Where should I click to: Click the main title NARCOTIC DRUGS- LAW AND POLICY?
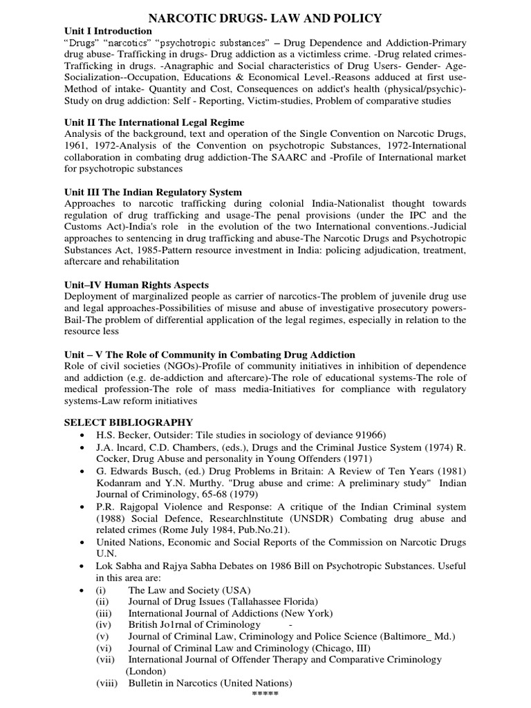pos(265,17)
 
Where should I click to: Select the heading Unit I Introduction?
pos(108,31)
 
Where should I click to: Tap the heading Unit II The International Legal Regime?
pos(153,122)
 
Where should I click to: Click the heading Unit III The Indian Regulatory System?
pos(153,192)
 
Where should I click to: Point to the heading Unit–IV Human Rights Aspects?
pos(136,285)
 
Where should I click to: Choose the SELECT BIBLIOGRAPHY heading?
pos(129,422)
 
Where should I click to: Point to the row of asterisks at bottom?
pos(265,694)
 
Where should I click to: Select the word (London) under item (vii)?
pos(146,671)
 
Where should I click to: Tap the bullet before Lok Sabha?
pos(82,566)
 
